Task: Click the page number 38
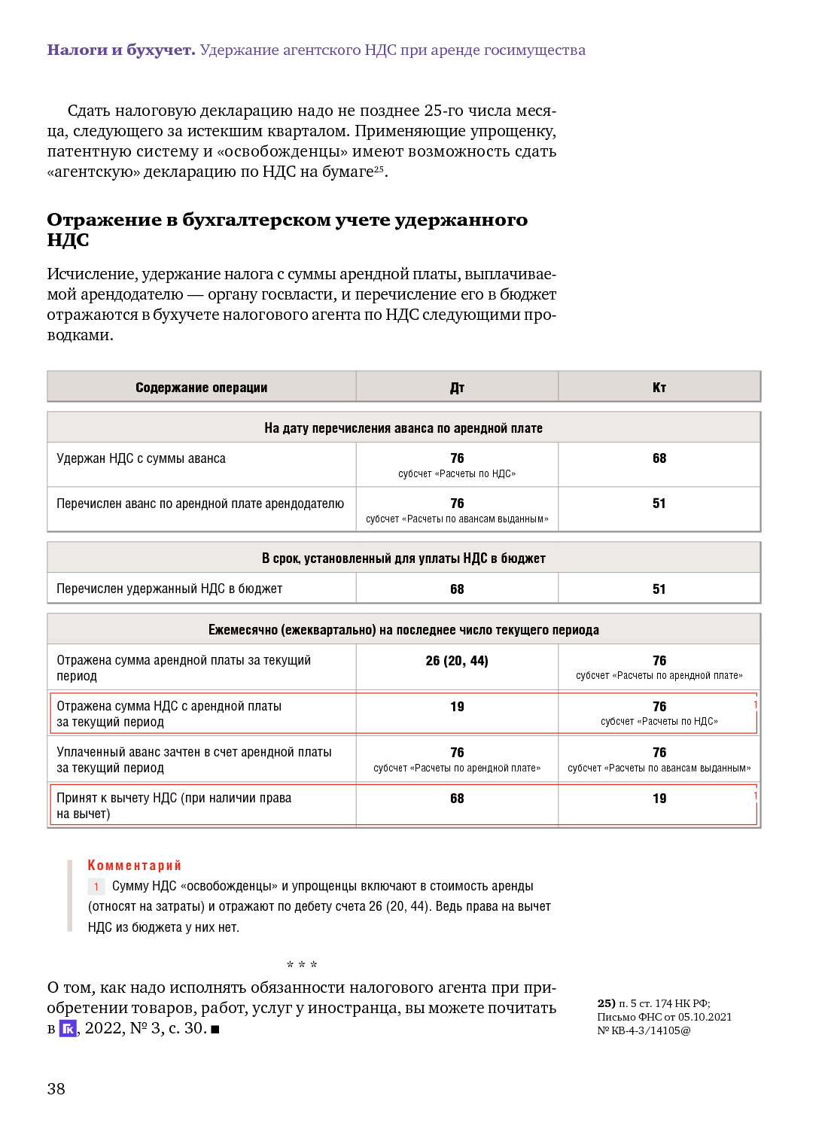[56, 1088]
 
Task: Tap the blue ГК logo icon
[68, 1028]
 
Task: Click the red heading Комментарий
[134, 866]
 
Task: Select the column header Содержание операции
[201, 388]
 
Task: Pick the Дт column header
[457, 388]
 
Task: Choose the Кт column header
[659, 388]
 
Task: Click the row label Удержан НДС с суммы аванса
[141, 458]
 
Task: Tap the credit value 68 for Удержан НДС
[659, 458]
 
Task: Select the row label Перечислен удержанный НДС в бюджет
[169, 589]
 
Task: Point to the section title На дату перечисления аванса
[403, 428]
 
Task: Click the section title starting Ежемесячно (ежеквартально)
[403, 630]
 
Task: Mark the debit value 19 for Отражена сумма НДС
[457, 707]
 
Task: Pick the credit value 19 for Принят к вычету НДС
[659, 799]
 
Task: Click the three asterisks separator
[302, 965]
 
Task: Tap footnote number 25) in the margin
[606, 1003]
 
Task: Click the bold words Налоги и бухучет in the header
[121, 50]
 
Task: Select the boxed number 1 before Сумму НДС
[96, 887]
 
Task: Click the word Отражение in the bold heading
[104, 220]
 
